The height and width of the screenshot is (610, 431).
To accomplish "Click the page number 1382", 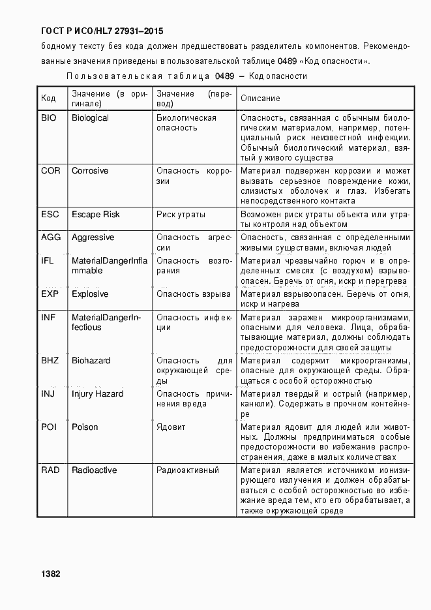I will [x=51, y=573].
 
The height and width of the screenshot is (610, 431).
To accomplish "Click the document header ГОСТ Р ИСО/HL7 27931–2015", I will [x=102, y=31].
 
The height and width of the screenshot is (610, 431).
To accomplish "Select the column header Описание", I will [x=261, y=99].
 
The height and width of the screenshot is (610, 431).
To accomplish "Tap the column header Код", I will [x=49, y=99].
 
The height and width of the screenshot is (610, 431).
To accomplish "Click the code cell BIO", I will [x=49, y=118].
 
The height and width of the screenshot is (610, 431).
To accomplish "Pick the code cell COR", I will [x=51, y=171].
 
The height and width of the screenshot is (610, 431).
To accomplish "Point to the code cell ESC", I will [x=50, y=215].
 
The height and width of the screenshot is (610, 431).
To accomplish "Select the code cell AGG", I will [x=51, y=237].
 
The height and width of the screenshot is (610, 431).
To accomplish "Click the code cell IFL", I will [x=48, y=261].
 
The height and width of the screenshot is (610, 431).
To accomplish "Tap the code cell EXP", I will [x=50, y=294].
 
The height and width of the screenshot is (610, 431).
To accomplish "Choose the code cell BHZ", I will [x=50, y=361].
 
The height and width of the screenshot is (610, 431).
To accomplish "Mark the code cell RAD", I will [x=50, y=470].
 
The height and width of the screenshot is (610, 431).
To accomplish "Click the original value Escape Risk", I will [x=95, y=215].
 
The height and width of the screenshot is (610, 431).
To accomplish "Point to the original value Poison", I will [x=85, y=427].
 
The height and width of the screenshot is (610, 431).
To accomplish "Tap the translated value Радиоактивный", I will [x=188, y=470].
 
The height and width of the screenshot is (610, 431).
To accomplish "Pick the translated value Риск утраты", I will [x=181, y=215].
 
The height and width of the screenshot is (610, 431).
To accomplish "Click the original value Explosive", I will [x=90, y=294].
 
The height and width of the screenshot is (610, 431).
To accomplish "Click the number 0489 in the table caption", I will [x=224, y=76].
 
